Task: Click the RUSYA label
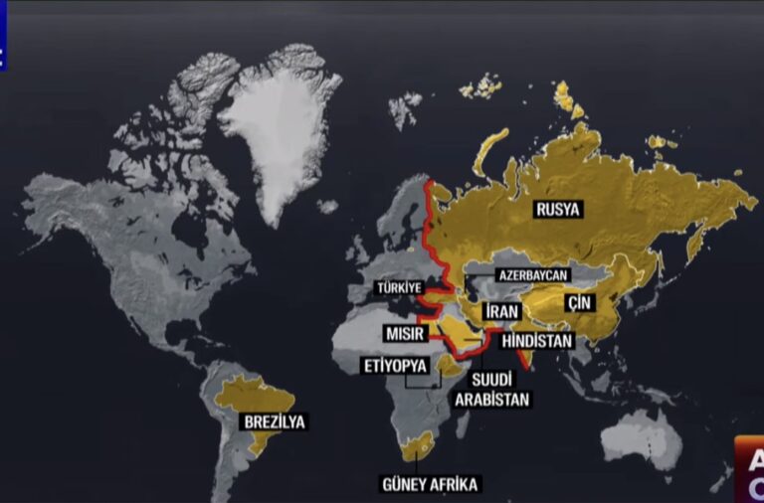(558, 210)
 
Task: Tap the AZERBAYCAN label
(532, 274)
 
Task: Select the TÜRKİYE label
(406, 288)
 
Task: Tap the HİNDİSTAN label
(538, 341)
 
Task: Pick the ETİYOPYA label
(395, 366)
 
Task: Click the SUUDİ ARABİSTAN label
(491, 389)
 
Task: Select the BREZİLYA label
(274, 421)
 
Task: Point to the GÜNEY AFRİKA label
(430, 484)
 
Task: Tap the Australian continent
(641, 437)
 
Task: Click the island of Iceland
(327, 207)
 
